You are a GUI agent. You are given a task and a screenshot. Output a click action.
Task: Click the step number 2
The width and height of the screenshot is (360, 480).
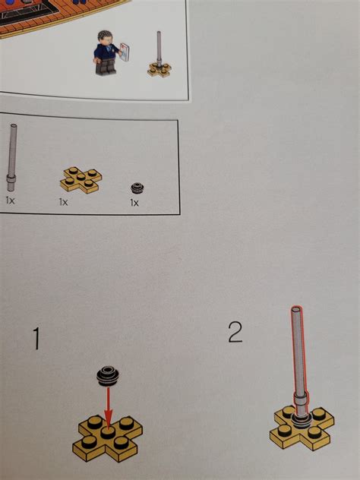point(235,332)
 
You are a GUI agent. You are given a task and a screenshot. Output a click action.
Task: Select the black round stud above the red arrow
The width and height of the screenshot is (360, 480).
point(107,375)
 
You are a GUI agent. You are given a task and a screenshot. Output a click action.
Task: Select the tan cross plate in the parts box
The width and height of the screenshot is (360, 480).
point(80,180)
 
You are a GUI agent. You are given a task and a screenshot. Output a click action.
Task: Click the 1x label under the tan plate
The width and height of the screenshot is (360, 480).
point(64,203)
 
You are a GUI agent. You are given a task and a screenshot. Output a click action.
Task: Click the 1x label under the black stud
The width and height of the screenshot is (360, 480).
point(134,203)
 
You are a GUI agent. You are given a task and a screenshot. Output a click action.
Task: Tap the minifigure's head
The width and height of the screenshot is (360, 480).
point(103,38)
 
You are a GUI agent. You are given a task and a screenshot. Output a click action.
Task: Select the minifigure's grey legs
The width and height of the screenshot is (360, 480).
point(104,68)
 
